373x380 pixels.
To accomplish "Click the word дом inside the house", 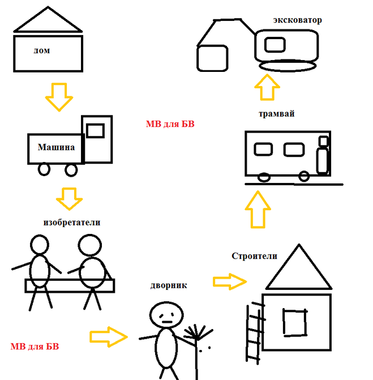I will click(42, 51).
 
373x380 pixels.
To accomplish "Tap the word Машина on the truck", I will click(56, 147).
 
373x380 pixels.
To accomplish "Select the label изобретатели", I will click(72, 222).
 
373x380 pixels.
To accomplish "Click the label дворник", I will click(169, 285).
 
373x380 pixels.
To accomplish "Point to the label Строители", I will click(254, 255).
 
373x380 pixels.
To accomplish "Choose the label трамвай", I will click(276, 114).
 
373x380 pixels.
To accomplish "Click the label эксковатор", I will click(297, 20).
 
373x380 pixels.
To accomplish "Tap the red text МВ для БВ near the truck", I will click(170, 124).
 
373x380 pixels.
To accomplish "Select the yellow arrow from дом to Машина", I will click(59, 96).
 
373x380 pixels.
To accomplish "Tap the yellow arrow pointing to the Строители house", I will click(230, 281).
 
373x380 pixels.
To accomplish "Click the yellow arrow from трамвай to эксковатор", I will click(267, 88).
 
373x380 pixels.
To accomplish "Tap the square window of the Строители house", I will click(295, 322).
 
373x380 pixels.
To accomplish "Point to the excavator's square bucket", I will click(212, 58).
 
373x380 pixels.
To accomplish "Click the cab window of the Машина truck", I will click(96, 130).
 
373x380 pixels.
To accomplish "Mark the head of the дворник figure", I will click(165, 314).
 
